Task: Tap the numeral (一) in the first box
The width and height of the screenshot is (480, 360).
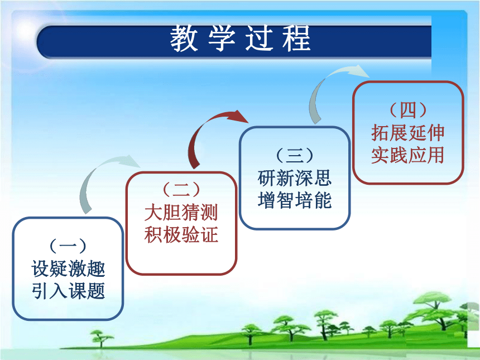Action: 68,246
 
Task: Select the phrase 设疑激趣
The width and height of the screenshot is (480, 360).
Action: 68,268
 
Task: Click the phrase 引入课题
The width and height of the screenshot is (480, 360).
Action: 68,290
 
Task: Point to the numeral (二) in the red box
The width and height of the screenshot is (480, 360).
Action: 181,190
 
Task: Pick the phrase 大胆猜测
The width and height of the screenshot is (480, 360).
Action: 181,212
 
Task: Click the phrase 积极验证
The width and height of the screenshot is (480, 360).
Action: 181,234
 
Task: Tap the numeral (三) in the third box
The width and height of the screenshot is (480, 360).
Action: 295,156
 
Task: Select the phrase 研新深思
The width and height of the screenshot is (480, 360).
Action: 295,178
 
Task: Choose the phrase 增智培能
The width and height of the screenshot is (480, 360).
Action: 295,200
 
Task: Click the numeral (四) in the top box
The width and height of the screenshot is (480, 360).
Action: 408,110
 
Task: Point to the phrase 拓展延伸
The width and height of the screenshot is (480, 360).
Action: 408,133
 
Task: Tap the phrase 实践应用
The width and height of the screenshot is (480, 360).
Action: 408,155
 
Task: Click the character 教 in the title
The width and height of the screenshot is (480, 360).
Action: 184,39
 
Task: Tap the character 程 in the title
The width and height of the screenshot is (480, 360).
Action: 297,39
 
